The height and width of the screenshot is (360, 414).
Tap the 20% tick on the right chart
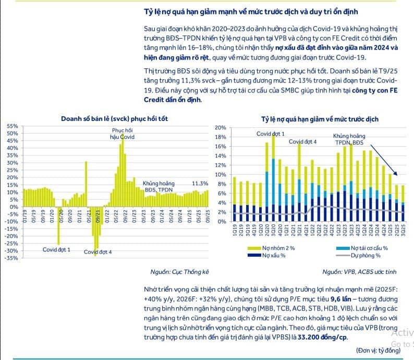click(x=220, y=128)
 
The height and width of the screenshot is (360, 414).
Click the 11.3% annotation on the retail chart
click(x=200, y=184)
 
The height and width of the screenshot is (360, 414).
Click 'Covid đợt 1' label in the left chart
click(x=57, y=249)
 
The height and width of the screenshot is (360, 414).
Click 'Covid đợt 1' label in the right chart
click(x=270, y=134)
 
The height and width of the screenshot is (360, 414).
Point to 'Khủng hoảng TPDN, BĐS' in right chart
click(x=349, y=139)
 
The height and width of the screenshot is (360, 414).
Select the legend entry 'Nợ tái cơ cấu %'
click(x=369, y=248)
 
